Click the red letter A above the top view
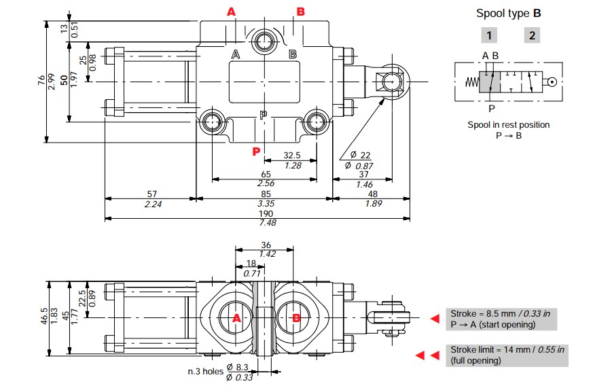231,12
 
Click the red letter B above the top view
301,12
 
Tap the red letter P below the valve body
256,152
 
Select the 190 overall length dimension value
266,213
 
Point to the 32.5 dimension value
292,156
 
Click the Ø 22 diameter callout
361,155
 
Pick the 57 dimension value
152,194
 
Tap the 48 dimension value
373,194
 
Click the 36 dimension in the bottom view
266,245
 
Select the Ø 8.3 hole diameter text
238,367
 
